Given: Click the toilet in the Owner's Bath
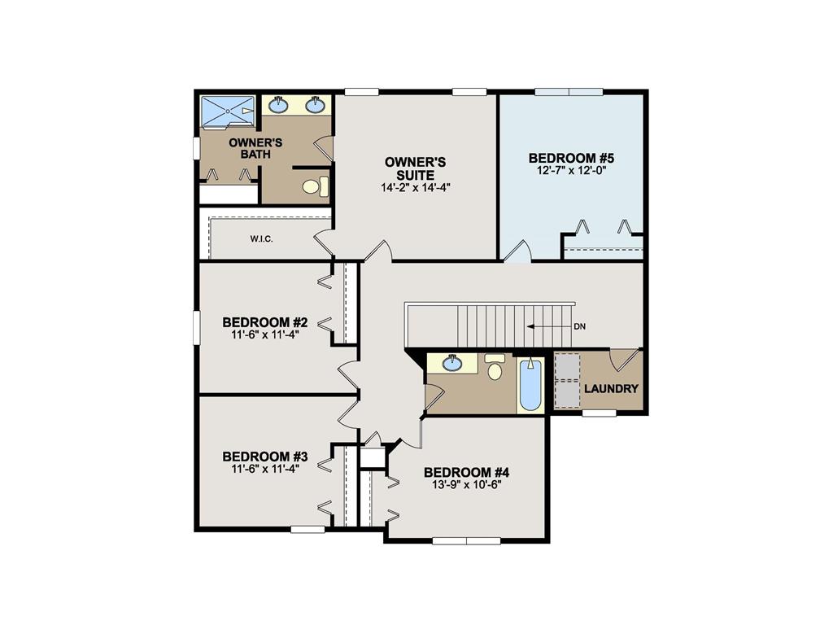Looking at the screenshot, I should [314, 186].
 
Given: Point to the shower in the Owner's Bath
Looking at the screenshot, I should [228, 111].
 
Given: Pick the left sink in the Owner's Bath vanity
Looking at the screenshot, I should [279, 104].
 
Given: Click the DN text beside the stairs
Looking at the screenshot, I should [580, 326].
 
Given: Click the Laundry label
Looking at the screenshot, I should [611, 389].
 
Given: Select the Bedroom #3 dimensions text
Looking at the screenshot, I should [264, 468].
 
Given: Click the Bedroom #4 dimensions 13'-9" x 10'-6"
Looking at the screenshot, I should [466, 484].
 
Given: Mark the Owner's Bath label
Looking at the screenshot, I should [249, 148].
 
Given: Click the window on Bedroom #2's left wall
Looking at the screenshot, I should [196, 328].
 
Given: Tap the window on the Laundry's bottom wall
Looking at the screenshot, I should [600, 413].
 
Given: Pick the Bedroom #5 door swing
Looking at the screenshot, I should [517, 252].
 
